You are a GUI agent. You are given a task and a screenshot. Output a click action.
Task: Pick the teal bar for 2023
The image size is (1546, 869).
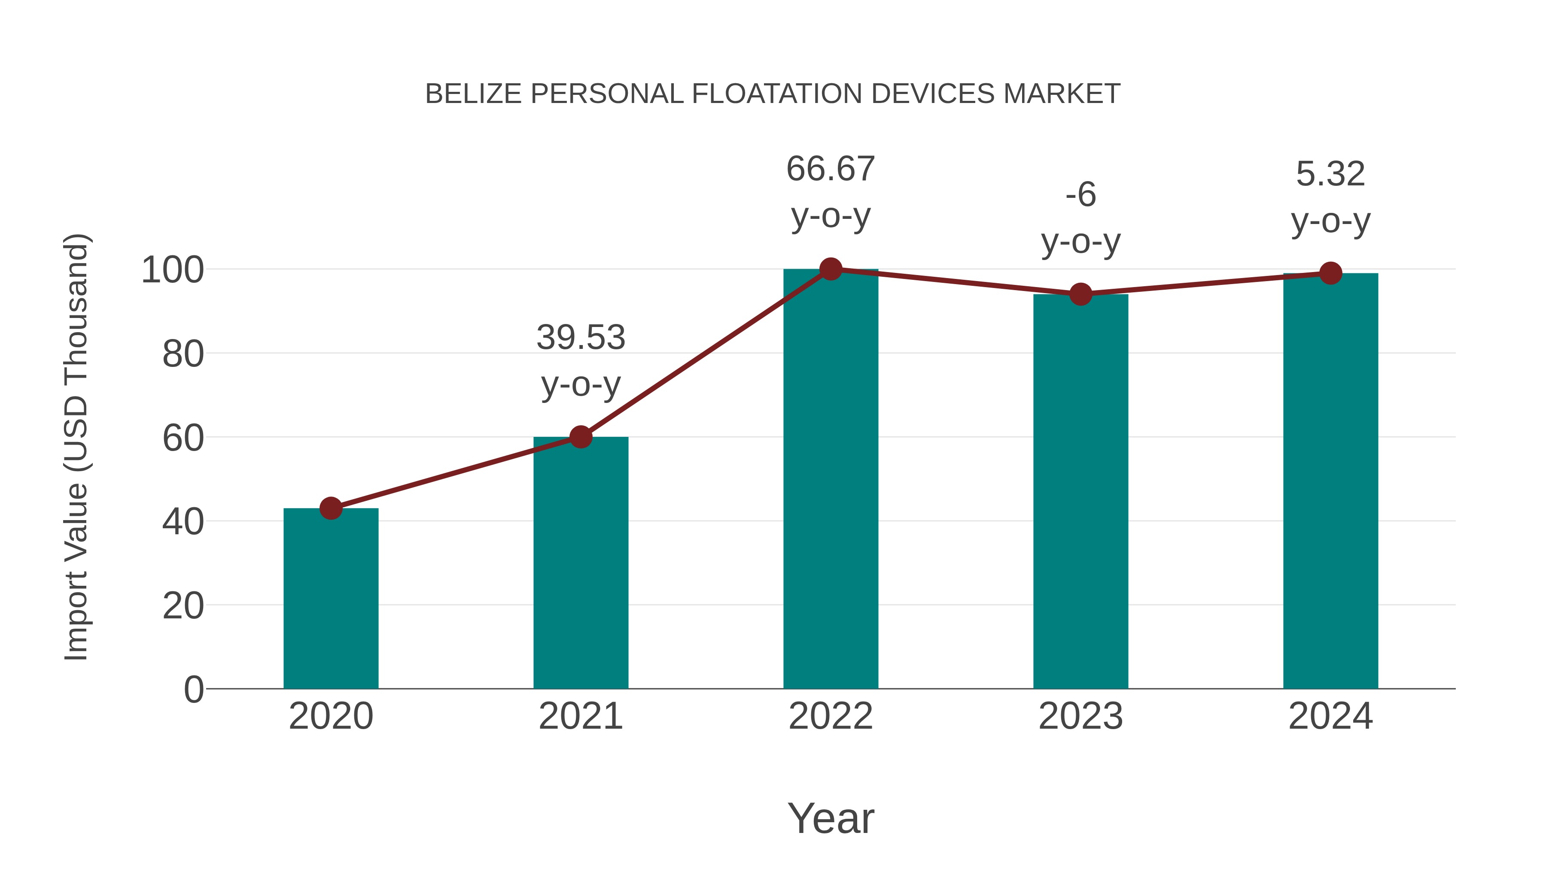pos(1080,491)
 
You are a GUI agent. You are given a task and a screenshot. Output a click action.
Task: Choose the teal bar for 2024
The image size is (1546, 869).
pos(1330,480)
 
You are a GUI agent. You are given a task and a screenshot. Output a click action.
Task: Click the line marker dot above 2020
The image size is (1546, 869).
pos(331,508)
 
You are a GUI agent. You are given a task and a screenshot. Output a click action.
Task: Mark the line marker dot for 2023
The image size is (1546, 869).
pos(1080,294)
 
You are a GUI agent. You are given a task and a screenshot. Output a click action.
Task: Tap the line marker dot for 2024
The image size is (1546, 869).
pos(1330,273)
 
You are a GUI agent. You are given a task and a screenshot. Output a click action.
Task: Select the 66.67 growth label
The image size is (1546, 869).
pos(831,169)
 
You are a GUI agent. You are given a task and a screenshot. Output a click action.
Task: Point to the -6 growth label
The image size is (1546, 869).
pos(1080,195)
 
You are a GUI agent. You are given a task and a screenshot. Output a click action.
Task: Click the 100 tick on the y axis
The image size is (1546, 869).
pos(172,270)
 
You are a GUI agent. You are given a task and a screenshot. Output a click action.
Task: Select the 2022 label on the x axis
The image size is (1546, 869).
pos(831,716)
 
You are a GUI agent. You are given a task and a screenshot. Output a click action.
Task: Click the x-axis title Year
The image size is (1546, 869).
pos(831,818)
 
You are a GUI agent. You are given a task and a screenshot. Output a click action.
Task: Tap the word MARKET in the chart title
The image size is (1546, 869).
pos(1061,94)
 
